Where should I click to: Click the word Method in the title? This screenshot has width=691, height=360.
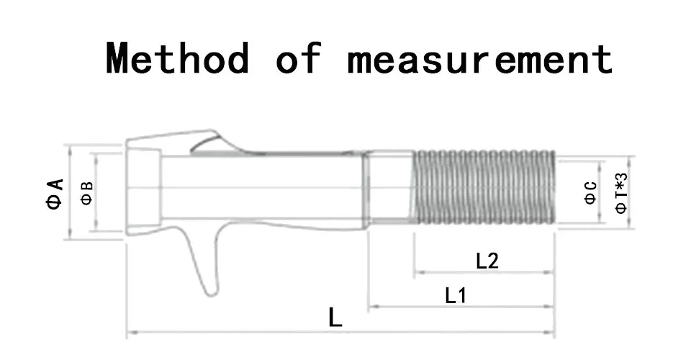tap(178, 58)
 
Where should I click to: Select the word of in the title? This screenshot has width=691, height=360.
tap(299, 58)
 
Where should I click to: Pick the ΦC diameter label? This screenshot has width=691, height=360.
tap(590, 193)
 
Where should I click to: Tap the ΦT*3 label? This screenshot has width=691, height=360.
tap(620, 193)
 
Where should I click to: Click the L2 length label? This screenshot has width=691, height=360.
tap(487, 261)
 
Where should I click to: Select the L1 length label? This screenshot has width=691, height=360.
tap(456, 296)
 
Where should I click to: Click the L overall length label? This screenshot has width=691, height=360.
tap(335, 318)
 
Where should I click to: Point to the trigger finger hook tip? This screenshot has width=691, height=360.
tap(212, 292)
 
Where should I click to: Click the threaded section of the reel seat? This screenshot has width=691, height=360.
tap(484, 187)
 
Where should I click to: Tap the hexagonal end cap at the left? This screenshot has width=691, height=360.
tap(144, 187)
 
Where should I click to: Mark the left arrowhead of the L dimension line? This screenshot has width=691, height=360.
tap(131, 332)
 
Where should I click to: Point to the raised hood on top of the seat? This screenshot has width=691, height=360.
tap(212, 141)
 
